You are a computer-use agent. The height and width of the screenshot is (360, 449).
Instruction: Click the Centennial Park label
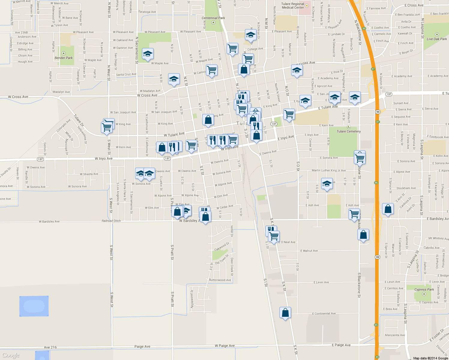coord(213,18)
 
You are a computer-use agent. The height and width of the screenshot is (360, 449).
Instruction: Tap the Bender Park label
coord(64,58)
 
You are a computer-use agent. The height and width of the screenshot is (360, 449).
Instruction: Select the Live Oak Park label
coord(437,39)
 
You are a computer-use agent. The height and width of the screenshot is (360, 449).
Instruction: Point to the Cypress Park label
coord(424,289)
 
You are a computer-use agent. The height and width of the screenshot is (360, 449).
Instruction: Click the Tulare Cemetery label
coord(348,131)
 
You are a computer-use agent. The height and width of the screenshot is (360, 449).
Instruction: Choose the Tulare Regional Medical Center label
coord(293,6)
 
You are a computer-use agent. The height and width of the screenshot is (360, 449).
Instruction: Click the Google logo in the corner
coord(11,355)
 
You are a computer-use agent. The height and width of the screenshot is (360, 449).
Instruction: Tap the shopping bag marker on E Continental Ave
coord(285,313)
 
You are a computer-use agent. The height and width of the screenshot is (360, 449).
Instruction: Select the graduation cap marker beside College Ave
coord(250,35)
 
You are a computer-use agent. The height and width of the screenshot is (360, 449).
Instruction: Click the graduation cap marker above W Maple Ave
coord(147,54)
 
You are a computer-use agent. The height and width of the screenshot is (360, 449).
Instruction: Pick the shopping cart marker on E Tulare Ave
coord(289,114)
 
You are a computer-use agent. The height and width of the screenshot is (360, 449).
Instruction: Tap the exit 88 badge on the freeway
coord(364,29)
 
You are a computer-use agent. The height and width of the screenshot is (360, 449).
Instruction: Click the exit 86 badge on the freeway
coord(376,183)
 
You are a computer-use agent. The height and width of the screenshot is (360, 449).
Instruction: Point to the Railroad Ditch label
coord(111,221)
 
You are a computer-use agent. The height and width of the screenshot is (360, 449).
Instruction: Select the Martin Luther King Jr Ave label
coord(329,170)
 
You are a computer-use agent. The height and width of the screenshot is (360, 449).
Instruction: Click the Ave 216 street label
coord(50,347)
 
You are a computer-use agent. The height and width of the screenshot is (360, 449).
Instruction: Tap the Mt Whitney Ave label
coord(438,238)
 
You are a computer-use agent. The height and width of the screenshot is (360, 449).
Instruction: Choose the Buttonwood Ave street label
coord(220,280)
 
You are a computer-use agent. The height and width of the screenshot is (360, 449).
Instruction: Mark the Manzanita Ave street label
coord(395,335)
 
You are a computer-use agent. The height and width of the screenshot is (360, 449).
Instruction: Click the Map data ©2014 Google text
coord(430,358)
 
